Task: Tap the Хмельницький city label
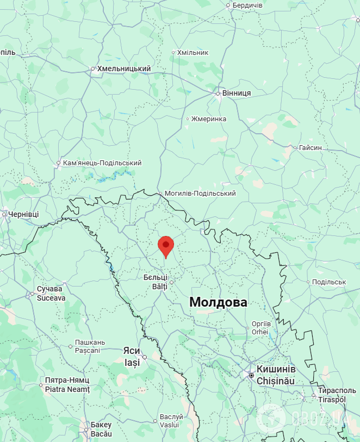pyautogui.click(x=123, y=69)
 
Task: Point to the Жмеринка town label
pyautogui.click(x=209, y=119)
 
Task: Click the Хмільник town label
pyautogui.click(x=193, y=53)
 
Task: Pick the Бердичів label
pyautogui.click(x=247, y=5)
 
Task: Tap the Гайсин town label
pyautogui.click(x=311, y=147)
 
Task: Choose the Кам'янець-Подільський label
pyautogui.click(x=102, y=163)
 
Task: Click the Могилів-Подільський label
pyautogui.click(x=200, y=194)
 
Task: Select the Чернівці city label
pyautogui.click(x=23, y=214)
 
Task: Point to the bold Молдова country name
pyautogui.click(x=218, y=303)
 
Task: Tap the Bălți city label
pyautogui.click(x=156, y=286)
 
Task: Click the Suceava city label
pyautogui.click(x=50, y=297)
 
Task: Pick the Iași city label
pyautogui.click(x=132, y=362)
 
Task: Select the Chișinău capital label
pyautogui.click(x=276, y=381)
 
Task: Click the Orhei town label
pyautogui.click(x=260, y=332)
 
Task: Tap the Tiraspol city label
pyautogui.click(x=332, y=400)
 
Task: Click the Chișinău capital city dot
pyautogui.click(x=251, y=375)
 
